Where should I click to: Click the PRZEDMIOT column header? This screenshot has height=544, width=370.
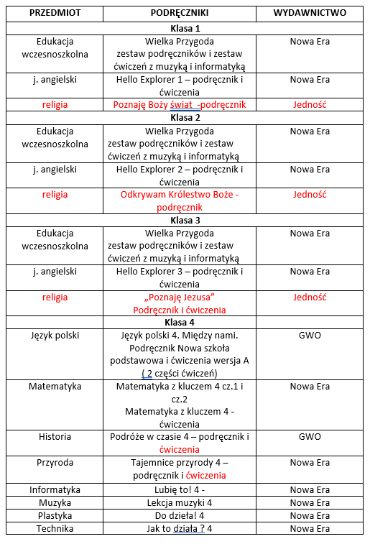[x=55, y=13]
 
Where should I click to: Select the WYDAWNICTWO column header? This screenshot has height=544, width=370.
[x=310, y=13]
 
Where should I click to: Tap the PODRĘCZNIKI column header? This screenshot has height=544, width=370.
[x=179, y=13]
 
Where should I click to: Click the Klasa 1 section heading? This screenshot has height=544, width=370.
[x=185, y=28]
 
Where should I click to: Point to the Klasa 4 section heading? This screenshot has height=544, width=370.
[x=185, y=322]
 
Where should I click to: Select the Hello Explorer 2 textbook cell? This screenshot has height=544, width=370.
[x=180, y=175]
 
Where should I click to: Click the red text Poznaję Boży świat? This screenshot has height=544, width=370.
[x=180, y=104]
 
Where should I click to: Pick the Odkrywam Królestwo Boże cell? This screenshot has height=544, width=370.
[x=180, y=200]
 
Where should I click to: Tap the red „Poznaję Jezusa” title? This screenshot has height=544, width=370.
[x=180, y=298]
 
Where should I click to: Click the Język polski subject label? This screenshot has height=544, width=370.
[x=55, y=336]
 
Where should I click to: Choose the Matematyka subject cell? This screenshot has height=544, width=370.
[x=55, y=387]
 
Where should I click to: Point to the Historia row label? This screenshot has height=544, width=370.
[x=55, y=437]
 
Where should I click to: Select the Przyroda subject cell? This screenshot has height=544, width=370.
[x=55, y=463]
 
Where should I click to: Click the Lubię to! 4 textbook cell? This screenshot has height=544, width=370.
[x=180, y=489]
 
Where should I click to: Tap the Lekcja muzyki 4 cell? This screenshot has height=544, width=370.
[x=180, y=502]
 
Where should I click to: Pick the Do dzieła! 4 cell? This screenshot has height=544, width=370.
[x=180, y=515]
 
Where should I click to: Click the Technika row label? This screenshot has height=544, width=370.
[x=55, y=528]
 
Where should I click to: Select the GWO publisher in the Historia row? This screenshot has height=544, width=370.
[x=310, y=437]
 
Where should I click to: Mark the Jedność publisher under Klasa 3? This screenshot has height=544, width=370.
[x=310, y=298]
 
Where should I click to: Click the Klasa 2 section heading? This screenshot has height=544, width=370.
[x=185, y=117]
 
